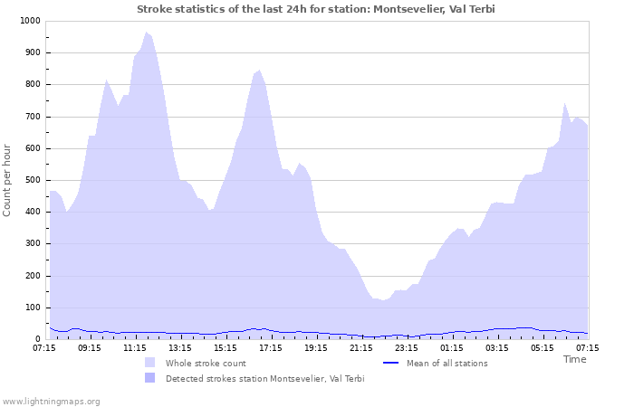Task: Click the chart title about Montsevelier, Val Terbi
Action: point(316,9)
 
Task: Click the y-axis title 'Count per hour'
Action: point(8,180)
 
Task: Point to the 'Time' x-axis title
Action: point(574,359)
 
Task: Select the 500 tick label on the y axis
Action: point(32,180)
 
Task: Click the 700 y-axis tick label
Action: point(32,117)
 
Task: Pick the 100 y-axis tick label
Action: point(32,308)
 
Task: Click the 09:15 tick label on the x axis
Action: point(90,347)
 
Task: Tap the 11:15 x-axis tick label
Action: point(135,347)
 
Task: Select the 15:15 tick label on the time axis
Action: point(226,347)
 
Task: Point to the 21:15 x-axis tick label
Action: point(361,347)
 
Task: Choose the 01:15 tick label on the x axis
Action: point(452,347)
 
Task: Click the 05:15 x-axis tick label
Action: point(543,347)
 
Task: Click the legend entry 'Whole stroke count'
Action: point(207,363)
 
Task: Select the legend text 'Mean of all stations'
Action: point(447,363)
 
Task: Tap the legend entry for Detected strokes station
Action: point(264,378)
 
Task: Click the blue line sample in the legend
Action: point(391,363)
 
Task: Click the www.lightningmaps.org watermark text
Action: point(51,401)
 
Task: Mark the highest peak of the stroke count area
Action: point(146,33)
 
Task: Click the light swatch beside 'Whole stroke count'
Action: point(149,363)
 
